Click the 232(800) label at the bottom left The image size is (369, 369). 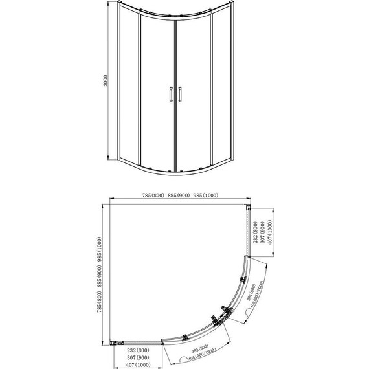coord(135,349)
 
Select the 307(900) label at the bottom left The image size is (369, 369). coord(135,356)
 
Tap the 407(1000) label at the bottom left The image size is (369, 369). coord(135,364)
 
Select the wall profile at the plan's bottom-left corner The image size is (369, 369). coord(115,341)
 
